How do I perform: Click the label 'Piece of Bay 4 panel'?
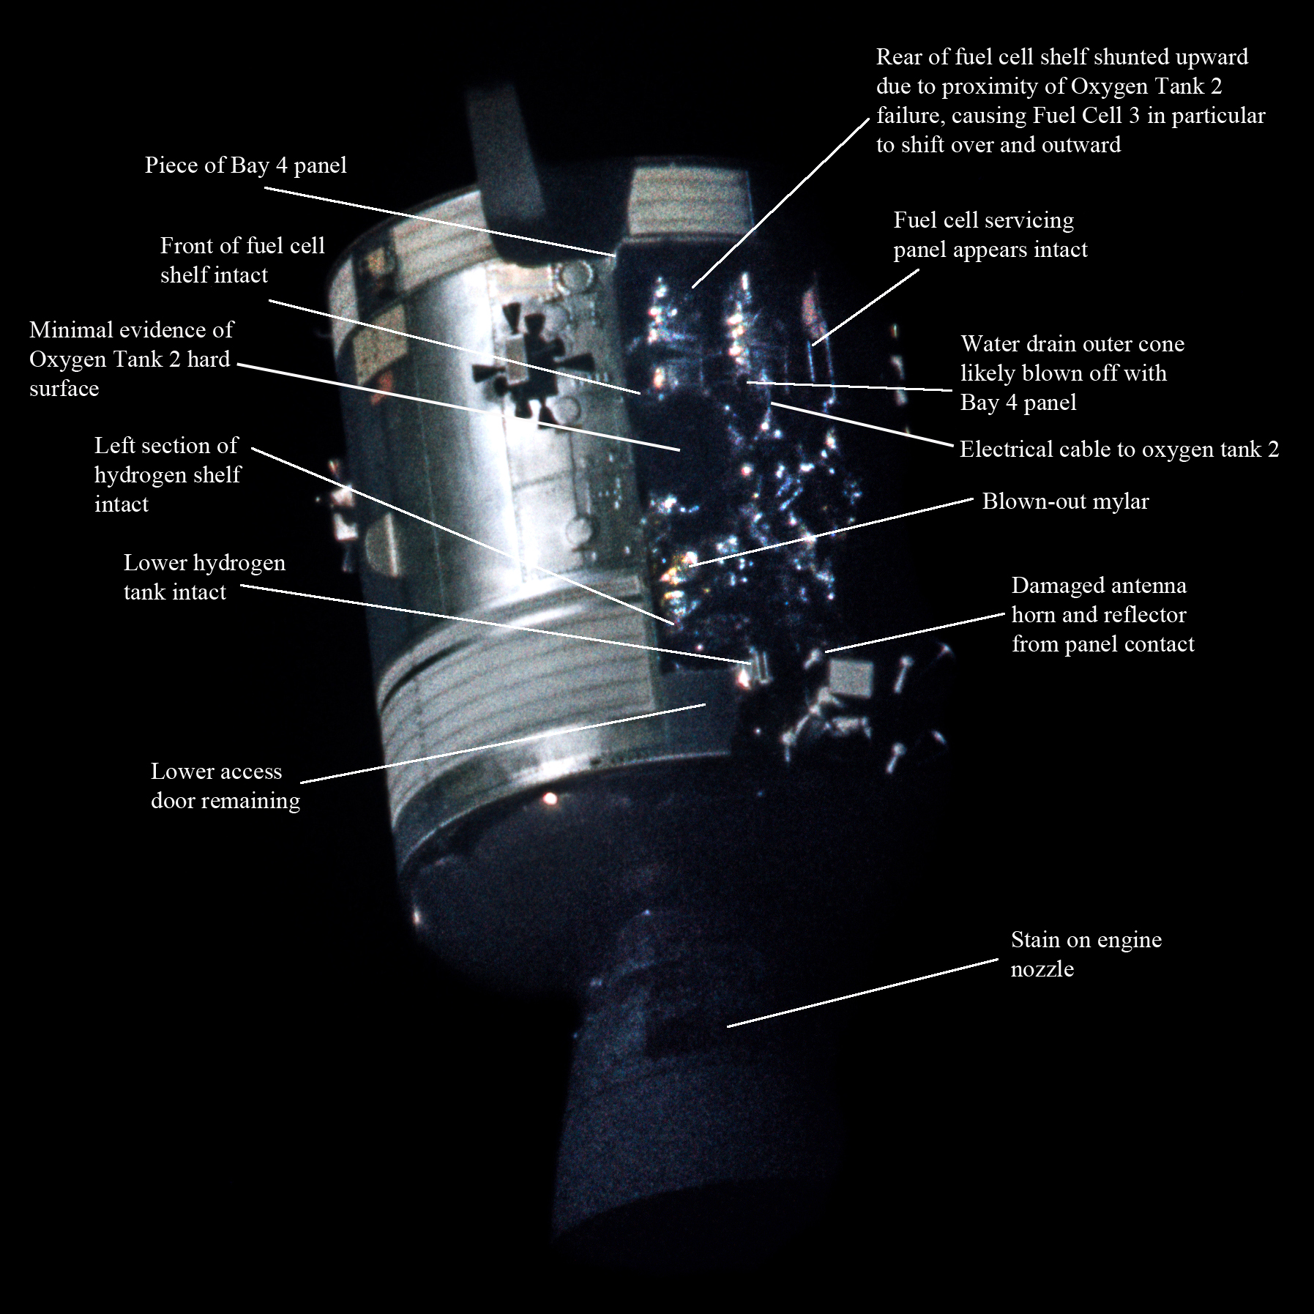click(x=245, y=165)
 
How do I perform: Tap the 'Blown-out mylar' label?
click(x=1065, y=501)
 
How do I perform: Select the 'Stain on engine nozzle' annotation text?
click(x=1086, y=955)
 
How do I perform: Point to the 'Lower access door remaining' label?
click(x=225, y=786)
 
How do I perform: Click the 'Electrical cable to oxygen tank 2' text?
click(x=1119, y=449)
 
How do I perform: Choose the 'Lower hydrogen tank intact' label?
click(x=204, y=578)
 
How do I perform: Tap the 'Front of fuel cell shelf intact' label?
click(x=242, y=261)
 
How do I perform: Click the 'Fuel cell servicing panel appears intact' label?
click(x=990, y=235)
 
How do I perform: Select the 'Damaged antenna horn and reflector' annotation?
click(x=1102, y=615)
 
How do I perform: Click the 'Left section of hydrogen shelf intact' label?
click(x=167, y=475)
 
